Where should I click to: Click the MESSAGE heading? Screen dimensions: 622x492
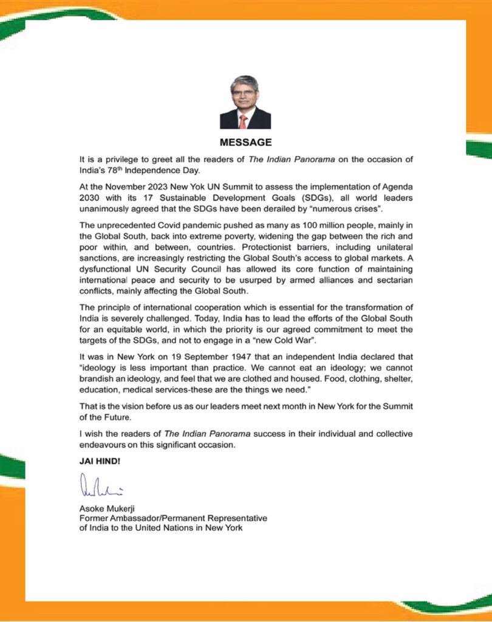click(x=245, y=143)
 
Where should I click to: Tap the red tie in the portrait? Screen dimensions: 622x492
click(x=243, y=121)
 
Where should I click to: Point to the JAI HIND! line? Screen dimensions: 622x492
click(x=100, y=461)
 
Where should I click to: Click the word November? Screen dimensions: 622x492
click(x=126, y=187)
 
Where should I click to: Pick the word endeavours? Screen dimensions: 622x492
click(x=105, y=445)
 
